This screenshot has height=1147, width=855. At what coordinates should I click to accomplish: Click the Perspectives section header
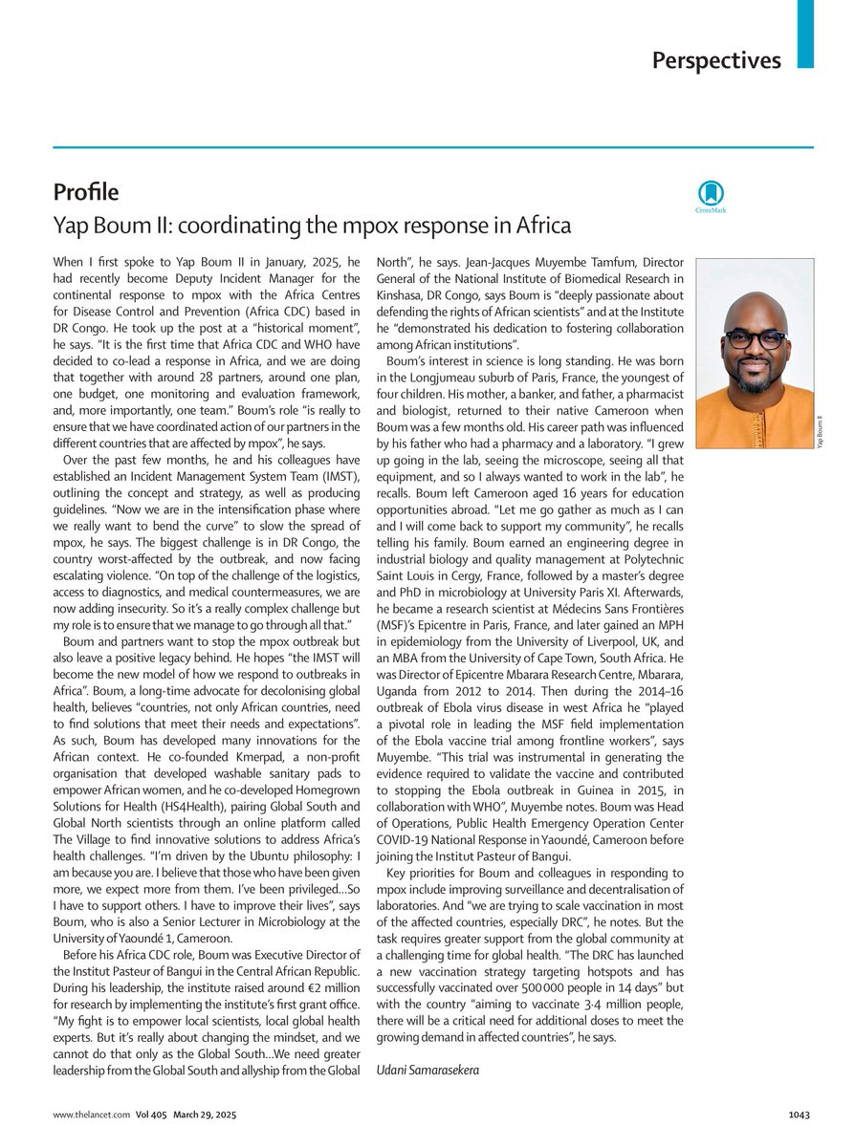point(716,60)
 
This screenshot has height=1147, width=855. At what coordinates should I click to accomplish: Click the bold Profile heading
point(86,192)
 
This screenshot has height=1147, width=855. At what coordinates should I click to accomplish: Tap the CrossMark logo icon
point(710,192)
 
